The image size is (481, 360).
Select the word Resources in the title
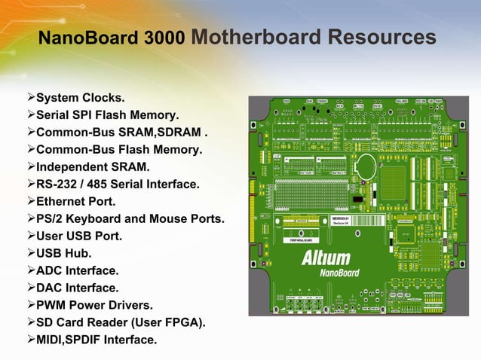click(x=391, y=37)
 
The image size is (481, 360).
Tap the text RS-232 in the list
click(x=58, y=185)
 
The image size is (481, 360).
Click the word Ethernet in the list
click(x=63, y=202)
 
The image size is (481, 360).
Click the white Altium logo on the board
click(x=326, y=258)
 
